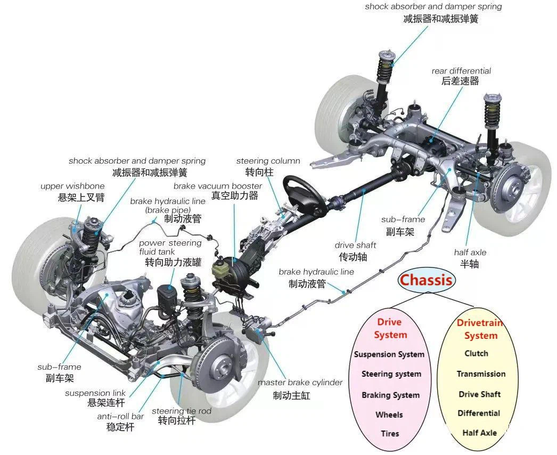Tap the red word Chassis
(x=426, y=280)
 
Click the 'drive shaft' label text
(x=355, y=245)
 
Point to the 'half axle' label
(x=470, y=253)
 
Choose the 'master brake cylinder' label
(x=300, y=383)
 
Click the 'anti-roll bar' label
(x=120, y=416)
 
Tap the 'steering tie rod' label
(x=181, y=411)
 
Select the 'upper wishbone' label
(x=72, y=186)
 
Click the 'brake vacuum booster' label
(x=217, y=186)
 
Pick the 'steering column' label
(x=268, y=161)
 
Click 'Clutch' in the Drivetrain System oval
(x=476, y=353)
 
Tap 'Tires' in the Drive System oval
(x=390, y=434)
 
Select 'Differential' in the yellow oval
(x=479, y=413)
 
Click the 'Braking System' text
(x=390, y=395)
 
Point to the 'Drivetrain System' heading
(x=480, y=329)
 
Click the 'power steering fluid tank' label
(x=170, y=247)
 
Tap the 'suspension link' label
(x=95, y=393)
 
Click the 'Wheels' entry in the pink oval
(x=389, y=415)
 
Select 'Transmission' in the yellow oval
(x=481, y=374)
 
